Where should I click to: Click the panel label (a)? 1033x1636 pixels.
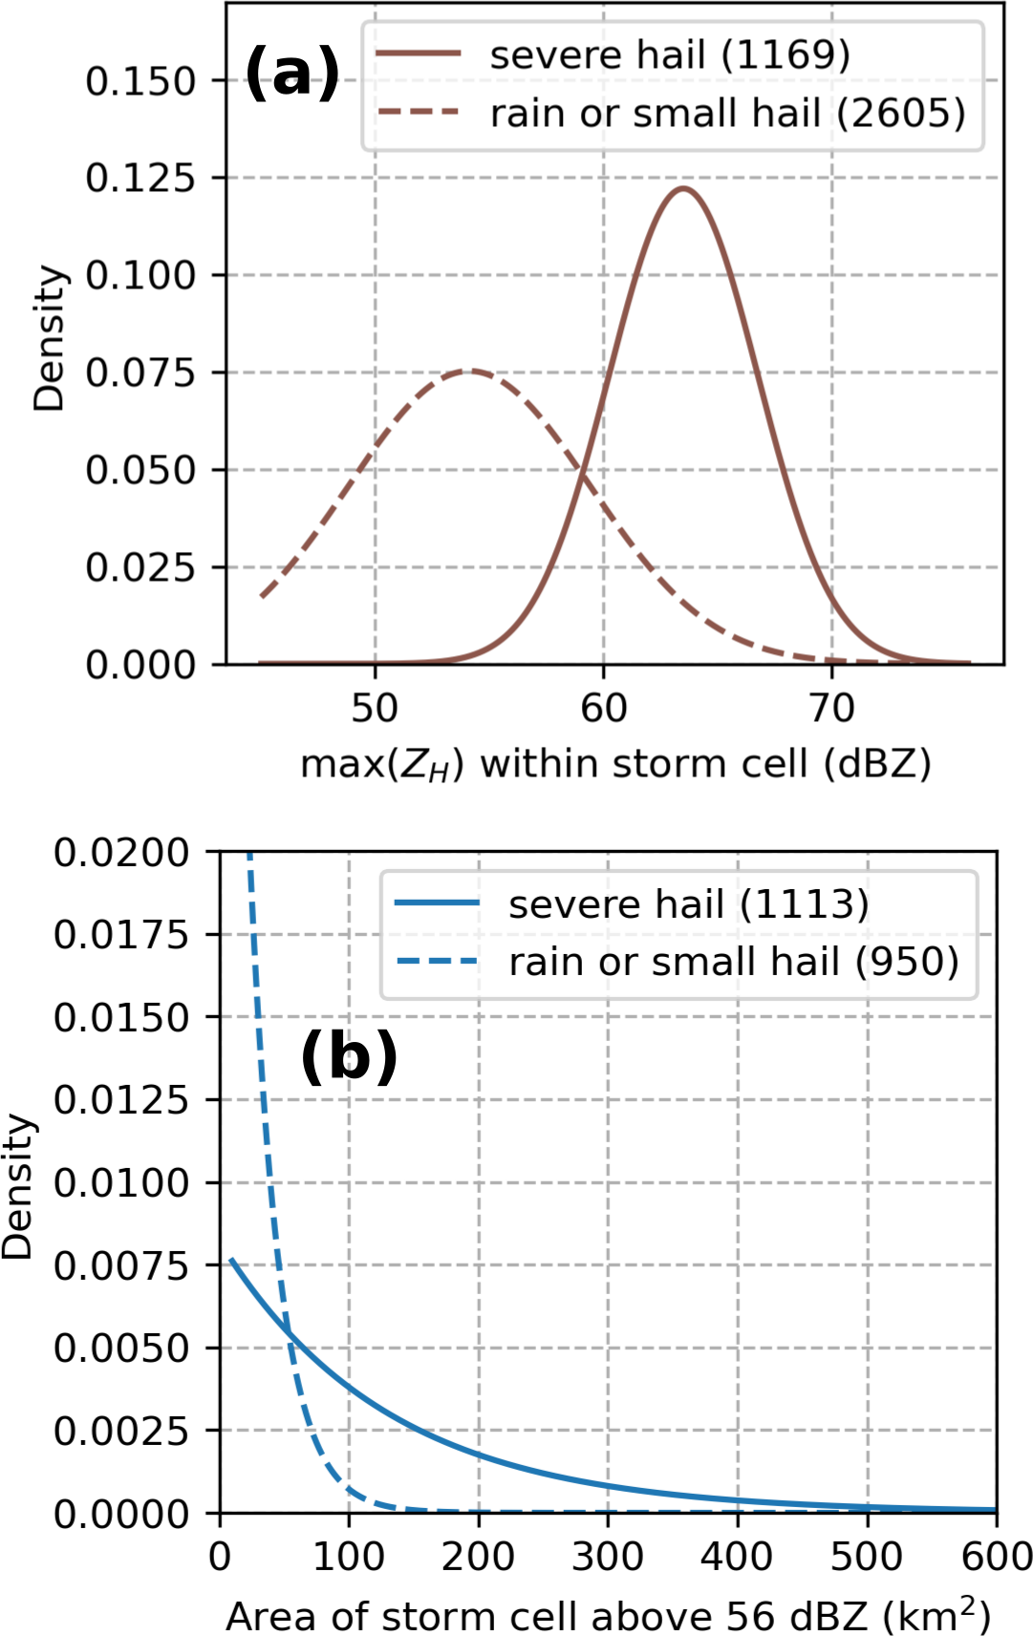click(292, 74)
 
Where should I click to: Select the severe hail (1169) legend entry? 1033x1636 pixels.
click(669, 55)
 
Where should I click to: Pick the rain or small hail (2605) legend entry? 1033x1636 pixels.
click(727, 114)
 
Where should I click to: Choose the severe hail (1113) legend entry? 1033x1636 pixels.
click(688, 903)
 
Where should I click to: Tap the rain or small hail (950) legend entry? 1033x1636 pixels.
click(733, 962)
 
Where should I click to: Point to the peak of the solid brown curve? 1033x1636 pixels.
click(683, 188)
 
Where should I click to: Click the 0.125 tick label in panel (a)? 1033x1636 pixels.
click(140, 178)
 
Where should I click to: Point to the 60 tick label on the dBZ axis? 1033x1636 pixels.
click(603, 709)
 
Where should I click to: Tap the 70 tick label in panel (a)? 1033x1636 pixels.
click(831, 709)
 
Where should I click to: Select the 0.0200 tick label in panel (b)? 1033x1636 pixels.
click(121, 852)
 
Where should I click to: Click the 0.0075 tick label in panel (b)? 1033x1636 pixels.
click(121, 1265)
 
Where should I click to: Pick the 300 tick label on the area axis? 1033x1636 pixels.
click(608, 1557)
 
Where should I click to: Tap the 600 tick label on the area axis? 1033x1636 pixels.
click(996, 1557)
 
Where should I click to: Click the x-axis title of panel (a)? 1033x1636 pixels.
click(615, 764)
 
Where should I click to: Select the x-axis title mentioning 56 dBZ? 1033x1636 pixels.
click(608, 1614)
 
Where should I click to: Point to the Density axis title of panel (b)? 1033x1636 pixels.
click(17, 1184)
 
